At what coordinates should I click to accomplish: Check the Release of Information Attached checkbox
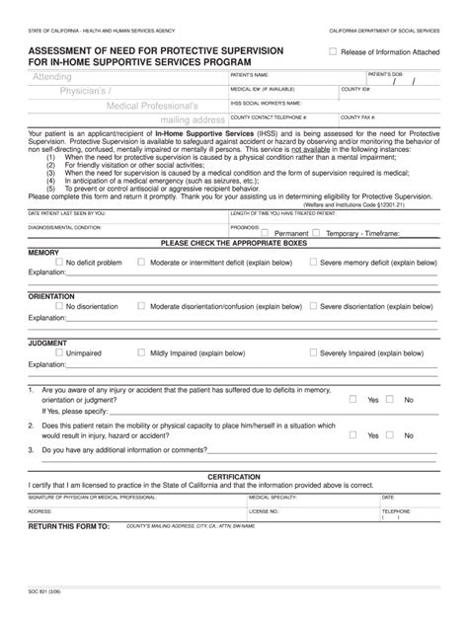point(333,51)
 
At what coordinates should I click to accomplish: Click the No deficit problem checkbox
point(59,262)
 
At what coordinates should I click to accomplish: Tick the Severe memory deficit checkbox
point(313,262)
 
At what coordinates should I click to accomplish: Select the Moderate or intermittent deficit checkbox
point(141,262)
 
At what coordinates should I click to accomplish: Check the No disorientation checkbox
point(59,306)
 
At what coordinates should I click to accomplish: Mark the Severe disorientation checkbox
point(313,306)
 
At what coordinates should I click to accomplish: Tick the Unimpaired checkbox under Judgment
point(59,351)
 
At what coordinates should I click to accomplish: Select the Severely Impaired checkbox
point(313,351)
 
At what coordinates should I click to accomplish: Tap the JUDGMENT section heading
point(47,342)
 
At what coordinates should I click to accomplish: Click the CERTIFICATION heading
point(234,476)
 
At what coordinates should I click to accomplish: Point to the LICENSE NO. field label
point(264,512)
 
